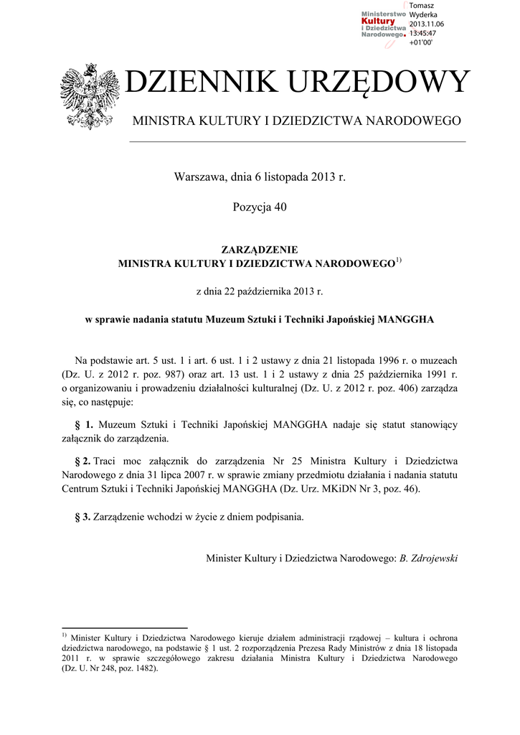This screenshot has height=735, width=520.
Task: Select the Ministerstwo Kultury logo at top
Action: pos(384,27)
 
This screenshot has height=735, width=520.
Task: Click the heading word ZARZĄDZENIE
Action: pos(260,249)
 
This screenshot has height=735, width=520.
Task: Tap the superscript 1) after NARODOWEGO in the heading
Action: pos(399,260)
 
